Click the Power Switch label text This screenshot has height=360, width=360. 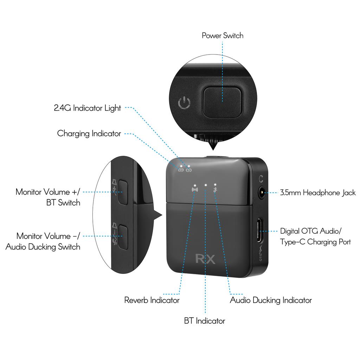[x=222, y=36]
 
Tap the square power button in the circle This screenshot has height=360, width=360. [x=222, y=102]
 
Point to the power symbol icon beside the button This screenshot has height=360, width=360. [x=185, y=103]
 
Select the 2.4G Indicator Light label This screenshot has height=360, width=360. [x=87, y=108]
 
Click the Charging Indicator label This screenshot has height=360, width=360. [x=89, y=134]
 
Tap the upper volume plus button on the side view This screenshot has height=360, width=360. [x=122, y=192]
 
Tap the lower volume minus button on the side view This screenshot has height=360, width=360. [x=122, y=236]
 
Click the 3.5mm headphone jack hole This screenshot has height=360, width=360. [x=262, y=193]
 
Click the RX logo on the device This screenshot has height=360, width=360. [x=206, y=259]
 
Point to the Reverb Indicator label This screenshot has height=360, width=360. [x=152, y=300]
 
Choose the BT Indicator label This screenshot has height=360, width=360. [x=204, y=321]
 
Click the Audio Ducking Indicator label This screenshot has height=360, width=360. [x=271, y=300]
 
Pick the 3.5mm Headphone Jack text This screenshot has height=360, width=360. [x=318, y=193]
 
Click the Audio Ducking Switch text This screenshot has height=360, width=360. [x=43, y=247]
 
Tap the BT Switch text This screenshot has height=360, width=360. [x=63, y=203]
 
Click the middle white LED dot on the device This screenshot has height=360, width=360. [x=205, y=184]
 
